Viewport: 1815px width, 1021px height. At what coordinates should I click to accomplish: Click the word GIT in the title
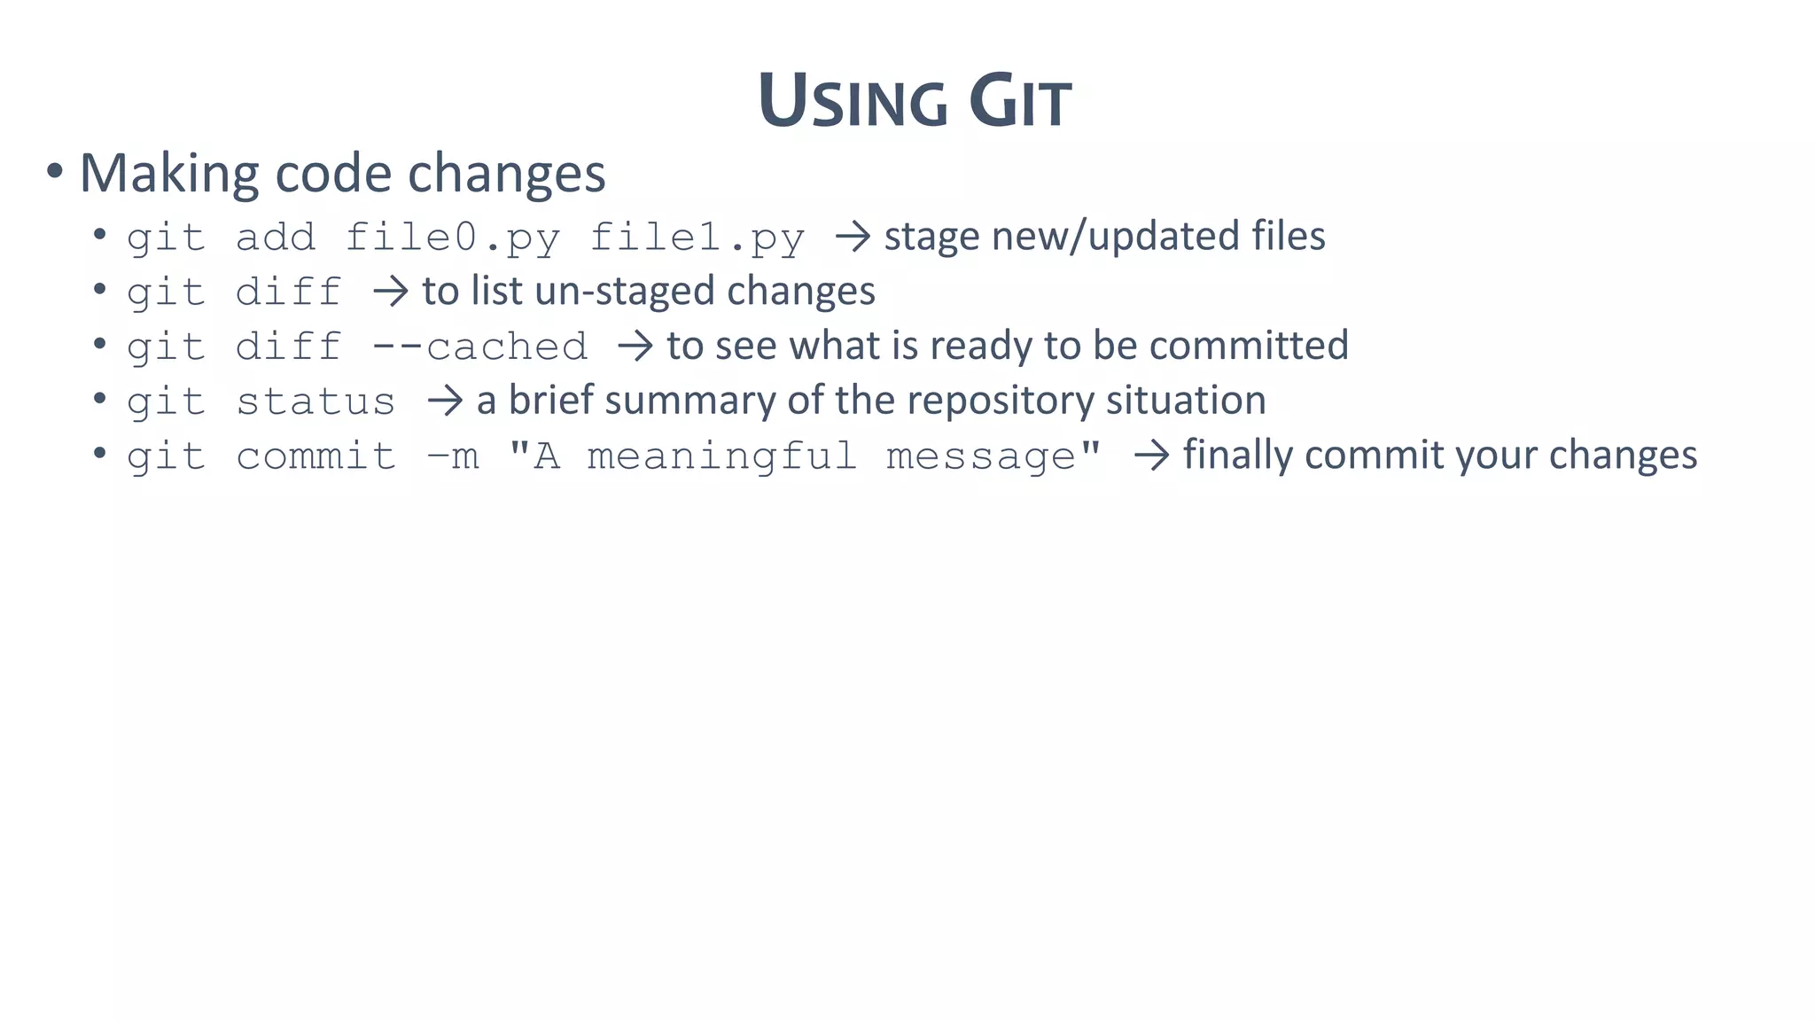(x=1020, y=102)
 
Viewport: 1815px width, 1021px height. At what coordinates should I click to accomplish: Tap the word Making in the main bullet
(x=169, y=173)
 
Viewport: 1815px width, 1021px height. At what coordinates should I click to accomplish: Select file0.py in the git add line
(x=452, y=238)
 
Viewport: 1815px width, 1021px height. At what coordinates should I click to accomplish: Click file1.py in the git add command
(x=697, y=238)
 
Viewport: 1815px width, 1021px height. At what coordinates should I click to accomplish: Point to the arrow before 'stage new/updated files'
(x=853, y=237)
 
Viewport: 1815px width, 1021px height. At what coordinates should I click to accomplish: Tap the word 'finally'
(x=1238, y=455)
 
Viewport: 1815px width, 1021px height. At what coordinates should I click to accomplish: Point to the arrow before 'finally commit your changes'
(x=1151, y=456)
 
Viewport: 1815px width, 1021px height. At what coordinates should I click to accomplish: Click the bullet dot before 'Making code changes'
(x=55, y=172)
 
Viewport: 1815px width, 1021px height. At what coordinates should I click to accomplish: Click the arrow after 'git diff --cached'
(x=635, y=347)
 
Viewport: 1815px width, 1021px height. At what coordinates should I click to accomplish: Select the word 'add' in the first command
(x=276, y=238)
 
